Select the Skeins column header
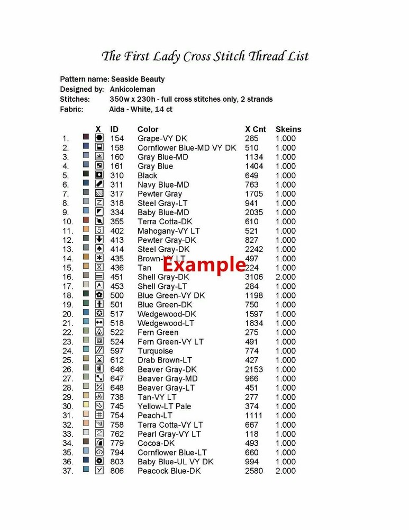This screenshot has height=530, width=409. pyautogui.click(x=288, y=129)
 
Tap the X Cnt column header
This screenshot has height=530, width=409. pyautogui.click(x=256, y=129)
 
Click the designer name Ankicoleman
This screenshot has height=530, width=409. pyautogui.click(x=132, y=89)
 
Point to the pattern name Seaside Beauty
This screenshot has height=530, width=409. pyautogui.click(x=138, y=79)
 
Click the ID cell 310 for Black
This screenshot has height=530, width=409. pyautogui.click(x=117, y=175)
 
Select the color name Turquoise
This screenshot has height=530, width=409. pyautogui.click(x=155, y=351)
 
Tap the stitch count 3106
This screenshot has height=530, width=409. pyautogui.click(x=254, y=277)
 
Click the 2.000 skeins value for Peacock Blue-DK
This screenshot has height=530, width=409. pyautogui.click(x=286, y=471)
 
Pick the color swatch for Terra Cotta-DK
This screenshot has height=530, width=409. pyautogui.click(x=86, y=220)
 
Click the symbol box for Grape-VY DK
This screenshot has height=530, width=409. pyautogui.click(x=99, y=138)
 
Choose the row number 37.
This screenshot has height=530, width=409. pyautogui.click(x=67, y=471)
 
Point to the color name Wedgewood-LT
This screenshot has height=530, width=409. pyautogui.click(x=166, y=323)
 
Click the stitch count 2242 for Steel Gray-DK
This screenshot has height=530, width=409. pyautogui.click(x=254, y=249)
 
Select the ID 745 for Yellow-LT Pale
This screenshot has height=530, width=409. pyautogui.click(x=117, y=406)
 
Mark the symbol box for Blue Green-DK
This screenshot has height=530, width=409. pyautogui.click(x=99, y=304)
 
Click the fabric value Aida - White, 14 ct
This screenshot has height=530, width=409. pyautogui.click(x=141, y=109)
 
